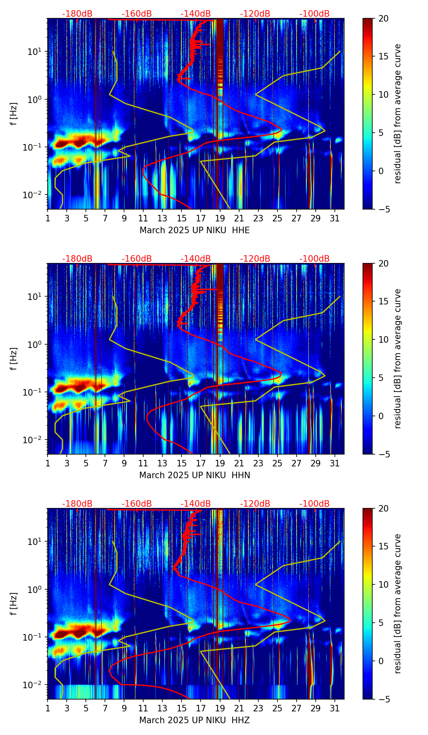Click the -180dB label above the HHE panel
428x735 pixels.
point(77,14)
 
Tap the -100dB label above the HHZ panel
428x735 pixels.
point(314,504)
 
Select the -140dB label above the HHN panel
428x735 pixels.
point(196,259)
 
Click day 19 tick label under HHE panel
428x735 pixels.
point(220,218)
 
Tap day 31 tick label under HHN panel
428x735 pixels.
point(335,463)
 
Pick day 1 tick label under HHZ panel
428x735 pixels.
point(48,708)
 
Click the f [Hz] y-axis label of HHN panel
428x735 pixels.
point(14,359)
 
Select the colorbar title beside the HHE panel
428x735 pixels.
point(397,114)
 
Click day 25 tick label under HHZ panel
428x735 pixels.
point(277,708)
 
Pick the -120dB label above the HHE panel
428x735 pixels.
point(255,14)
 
